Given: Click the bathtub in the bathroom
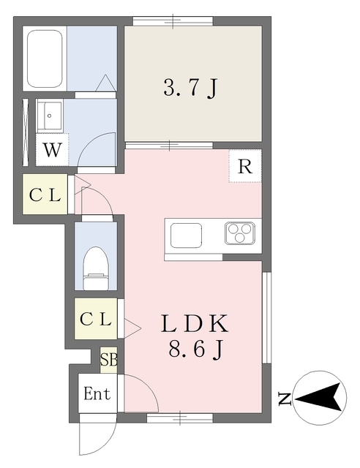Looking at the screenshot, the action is [x=45, y=58].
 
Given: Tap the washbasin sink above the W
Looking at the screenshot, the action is [x=50, y=116].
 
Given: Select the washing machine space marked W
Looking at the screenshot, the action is [x=52, y=149].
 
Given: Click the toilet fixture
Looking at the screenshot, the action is [x=95, y=268].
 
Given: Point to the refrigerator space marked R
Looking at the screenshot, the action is [x=245, y=166].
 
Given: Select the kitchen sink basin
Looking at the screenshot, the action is [x=186, y=235].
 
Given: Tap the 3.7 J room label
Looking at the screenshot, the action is [x=190, y=88].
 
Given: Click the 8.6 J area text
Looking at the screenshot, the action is [x=195, y=350].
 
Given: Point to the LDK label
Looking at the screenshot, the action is [x=195, y=323].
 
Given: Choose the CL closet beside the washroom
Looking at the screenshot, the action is [x=45, y=195].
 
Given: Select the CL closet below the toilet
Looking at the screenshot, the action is [x=96, y=319].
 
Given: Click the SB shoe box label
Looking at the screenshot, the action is [x=109, y=360].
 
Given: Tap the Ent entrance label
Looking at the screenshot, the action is [x=97, y=393].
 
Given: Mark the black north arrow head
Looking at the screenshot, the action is [x=319, y=397].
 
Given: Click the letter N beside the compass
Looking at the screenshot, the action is [x=285, y=399].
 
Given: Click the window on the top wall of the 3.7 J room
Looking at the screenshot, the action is [x=173, y=21].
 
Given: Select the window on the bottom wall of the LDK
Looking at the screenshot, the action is [x=180, y=418].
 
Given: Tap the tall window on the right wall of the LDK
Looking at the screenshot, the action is [x=267, y=317].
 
